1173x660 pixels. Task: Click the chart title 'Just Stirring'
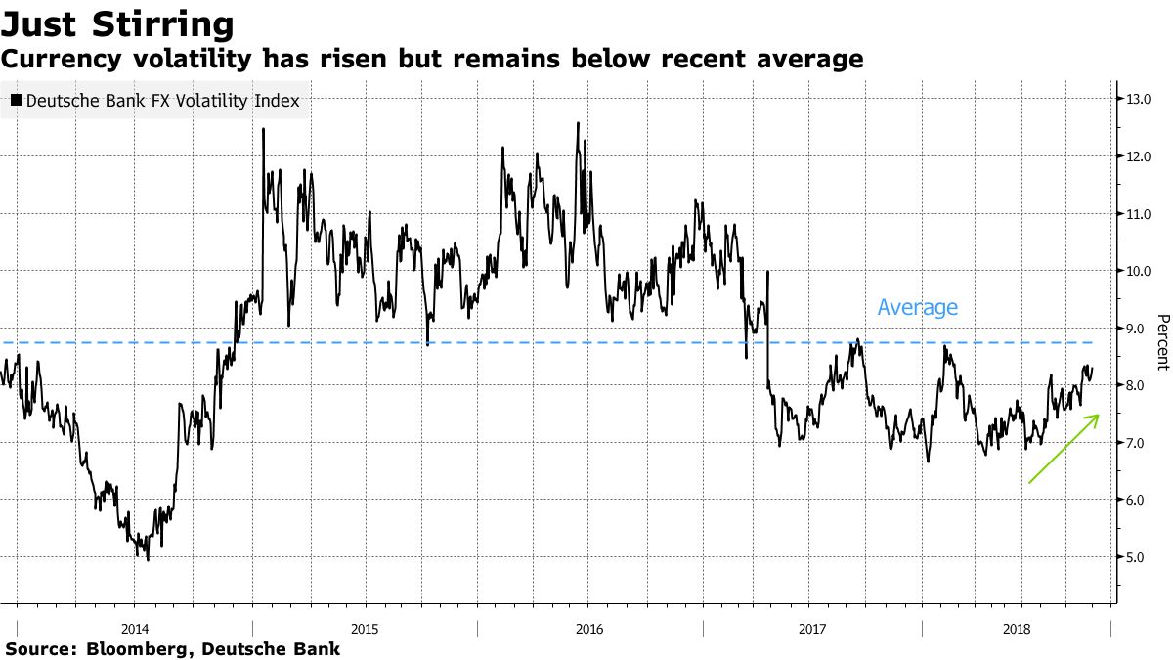click(x=118, y=23)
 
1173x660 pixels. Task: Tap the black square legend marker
click(x=17, y=100)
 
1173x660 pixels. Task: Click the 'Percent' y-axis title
click(x=1162, y=342)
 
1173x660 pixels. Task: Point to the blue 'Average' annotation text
click(x=917, y=307)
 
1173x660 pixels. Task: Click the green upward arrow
click(x=1064, y=449)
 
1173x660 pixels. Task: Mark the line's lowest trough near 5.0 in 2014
click(x=148, y=558)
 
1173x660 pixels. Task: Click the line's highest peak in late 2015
click(x=578, y=124)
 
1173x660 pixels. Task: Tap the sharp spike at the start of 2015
click(x=264, y=131)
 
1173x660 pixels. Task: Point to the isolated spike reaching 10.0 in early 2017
click(x=768, y=273)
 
